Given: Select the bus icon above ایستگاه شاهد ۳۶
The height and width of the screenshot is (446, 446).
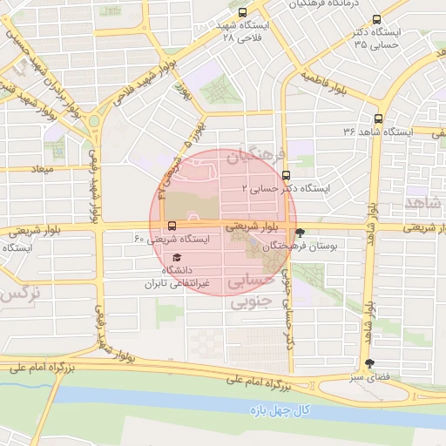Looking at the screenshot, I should (377, 118).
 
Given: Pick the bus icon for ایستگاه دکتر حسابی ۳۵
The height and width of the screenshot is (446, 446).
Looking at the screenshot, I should (375, 18).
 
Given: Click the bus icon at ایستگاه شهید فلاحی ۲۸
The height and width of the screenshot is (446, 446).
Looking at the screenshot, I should (241, 13).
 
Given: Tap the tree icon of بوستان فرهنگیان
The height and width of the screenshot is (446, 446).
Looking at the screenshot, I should (301, 233).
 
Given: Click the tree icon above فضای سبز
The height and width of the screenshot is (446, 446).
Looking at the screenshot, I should (371, 364).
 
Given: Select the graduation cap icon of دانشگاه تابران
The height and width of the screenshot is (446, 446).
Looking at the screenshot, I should (178, 258).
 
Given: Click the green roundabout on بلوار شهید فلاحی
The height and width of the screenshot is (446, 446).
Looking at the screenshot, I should (93, 120).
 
